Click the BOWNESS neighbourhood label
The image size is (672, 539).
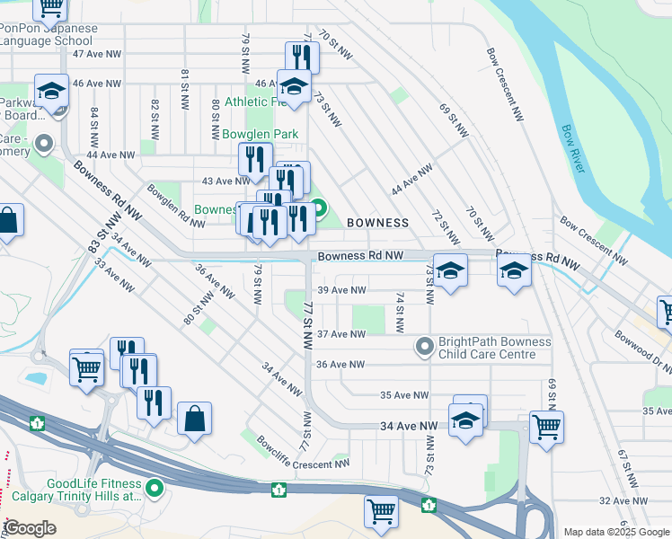377,222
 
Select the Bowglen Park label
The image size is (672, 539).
261,134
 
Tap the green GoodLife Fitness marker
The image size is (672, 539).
155,489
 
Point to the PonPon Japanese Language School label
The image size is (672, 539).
49,34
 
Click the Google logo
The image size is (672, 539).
31,528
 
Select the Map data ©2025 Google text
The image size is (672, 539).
615,532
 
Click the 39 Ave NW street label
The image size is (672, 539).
342,290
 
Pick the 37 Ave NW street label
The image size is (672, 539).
342,334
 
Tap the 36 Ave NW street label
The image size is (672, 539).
342,365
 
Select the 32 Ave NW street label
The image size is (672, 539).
623,500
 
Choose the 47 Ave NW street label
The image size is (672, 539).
97,54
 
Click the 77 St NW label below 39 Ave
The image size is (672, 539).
308,325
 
